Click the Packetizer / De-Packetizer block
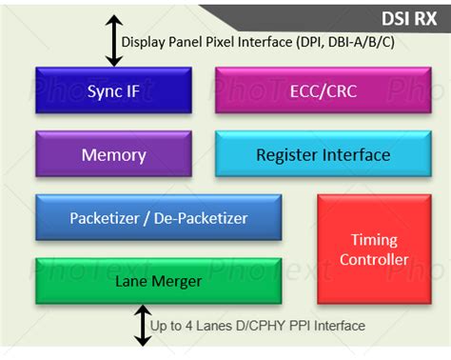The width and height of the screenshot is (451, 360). pos(158,218)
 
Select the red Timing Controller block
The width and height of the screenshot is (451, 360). pos(373,250)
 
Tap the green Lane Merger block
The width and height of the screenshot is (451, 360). pos(158,281)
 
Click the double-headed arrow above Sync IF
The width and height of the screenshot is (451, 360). pos(114,41)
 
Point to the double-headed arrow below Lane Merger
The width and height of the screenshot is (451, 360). pos(142,326)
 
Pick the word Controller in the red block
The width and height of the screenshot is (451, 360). pos(373,259)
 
